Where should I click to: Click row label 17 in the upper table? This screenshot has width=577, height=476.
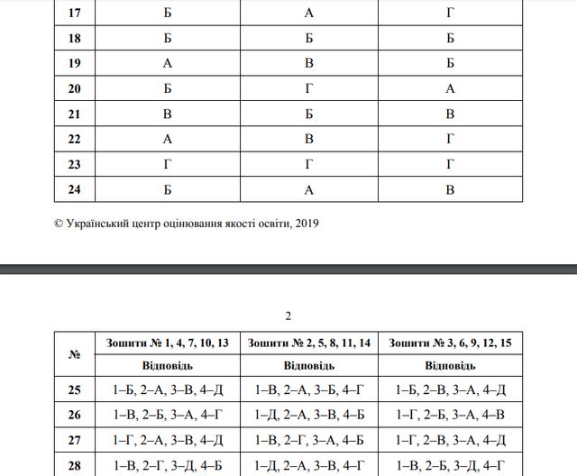[x=75, y=14]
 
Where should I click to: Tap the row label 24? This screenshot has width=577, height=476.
[x=75, y=189]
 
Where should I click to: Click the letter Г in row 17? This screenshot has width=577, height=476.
[x=451, y=14]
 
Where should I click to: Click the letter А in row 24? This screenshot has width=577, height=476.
[x=309, y=189]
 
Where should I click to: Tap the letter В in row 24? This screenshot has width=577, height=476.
[x=451, y=189]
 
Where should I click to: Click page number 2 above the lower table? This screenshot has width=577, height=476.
[x=288, y=316]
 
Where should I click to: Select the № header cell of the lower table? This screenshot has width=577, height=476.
[x=75, y=354]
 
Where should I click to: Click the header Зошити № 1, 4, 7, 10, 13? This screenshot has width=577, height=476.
[x=167, y=343]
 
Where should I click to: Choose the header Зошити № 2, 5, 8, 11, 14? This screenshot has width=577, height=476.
[x=309, y=343]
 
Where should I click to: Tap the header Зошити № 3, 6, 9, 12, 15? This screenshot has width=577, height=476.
[x=451, y=343]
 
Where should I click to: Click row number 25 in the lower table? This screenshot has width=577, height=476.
[x=75, y=390]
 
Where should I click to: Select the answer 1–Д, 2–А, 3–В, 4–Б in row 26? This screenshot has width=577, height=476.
[x=309, y=415]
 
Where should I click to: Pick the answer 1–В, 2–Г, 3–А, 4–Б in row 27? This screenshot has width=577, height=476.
[x=309, y=439]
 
